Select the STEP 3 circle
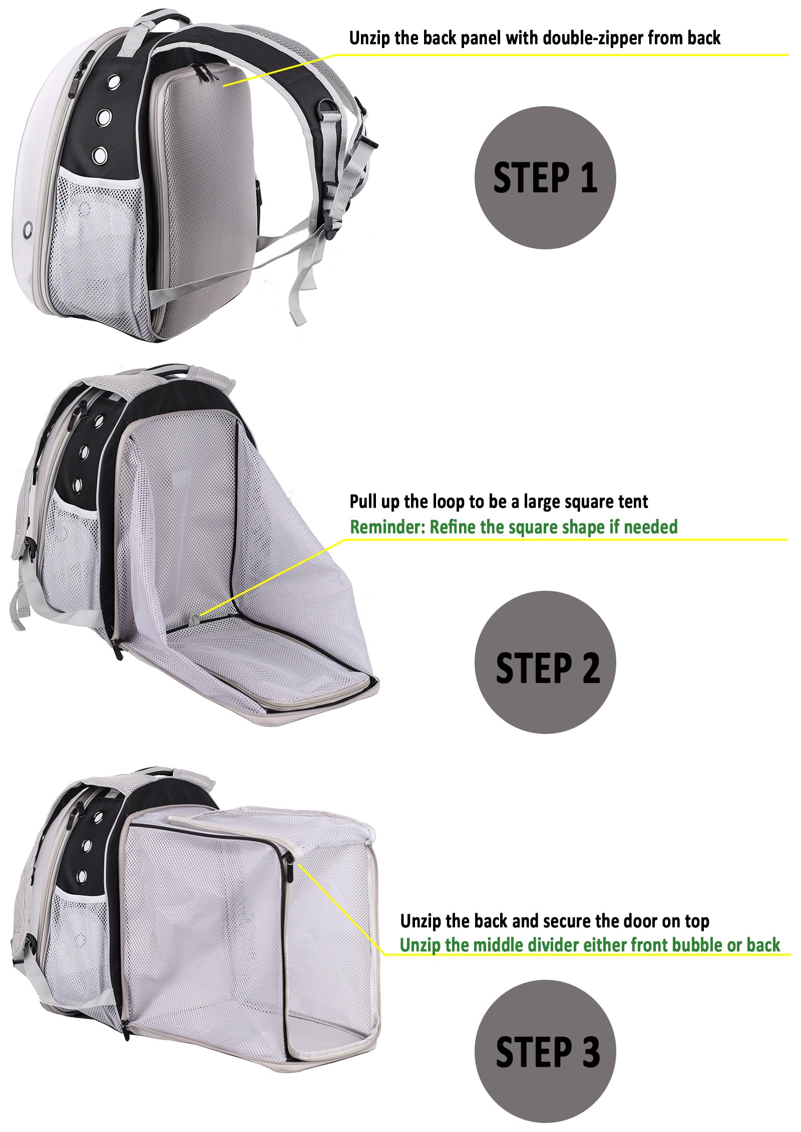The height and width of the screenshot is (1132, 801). pyautogui.click(x=545, y=1051)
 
